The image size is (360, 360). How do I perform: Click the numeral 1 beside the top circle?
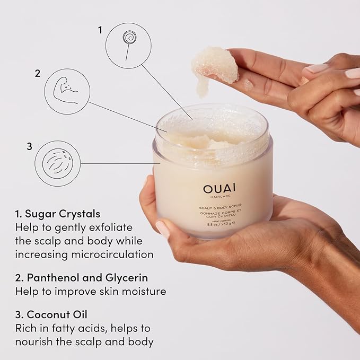coord(99,30)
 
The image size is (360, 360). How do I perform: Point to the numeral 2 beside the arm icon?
coord(38,74)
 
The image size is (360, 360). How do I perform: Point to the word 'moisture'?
coord(145,291)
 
